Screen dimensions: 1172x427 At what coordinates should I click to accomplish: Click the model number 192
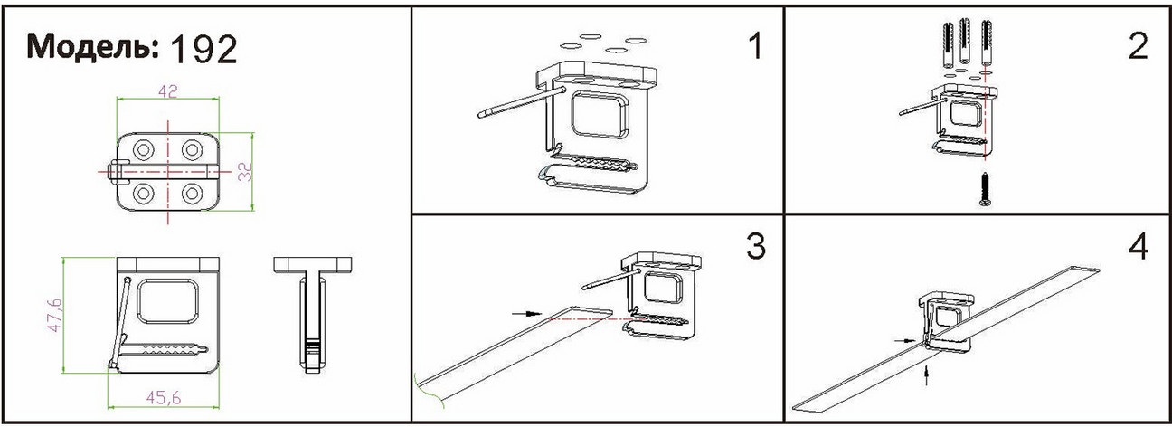coord(204,50)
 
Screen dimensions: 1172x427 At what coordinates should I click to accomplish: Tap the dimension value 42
coord(167,91)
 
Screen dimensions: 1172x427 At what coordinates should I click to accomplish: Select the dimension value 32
coord(245,172)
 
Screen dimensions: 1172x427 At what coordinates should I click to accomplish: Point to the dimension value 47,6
coord(54,315)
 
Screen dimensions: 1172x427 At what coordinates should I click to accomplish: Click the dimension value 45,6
coord(164,398)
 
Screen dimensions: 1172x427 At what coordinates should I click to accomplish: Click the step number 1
coord(755,46)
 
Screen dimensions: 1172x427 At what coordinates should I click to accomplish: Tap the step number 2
coord(1139,46)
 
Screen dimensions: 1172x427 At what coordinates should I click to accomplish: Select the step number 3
coord(755,246)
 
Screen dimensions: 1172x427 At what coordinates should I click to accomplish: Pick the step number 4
coord(1138,247)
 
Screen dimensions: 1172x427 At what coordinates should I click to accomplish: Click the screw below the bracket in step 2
coord(985,188)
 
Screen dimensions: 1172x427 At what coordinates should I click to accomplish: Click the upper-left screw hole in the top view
coord(144,150)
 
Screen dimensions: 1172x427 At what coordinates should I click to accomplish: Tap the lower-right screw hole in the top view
coord(192,194)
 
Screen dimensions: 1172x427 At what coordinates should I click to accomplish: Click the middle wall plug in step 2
coord(965,41)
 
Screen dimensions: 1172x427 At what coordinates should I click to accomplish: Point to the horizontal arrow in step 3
coord(526,313)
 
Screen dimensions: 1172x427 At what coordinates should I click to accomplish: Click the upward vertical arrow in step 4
coord(926,375)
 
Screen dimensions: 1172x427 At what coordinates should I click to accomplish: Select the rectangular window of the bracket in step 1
coord(599,115)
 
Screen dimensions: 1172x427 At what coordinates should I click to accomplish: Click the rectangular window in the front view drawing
coord(168,301)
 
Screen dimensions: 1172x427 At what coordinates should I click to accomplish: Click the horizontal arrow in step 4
coord(906,341)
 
